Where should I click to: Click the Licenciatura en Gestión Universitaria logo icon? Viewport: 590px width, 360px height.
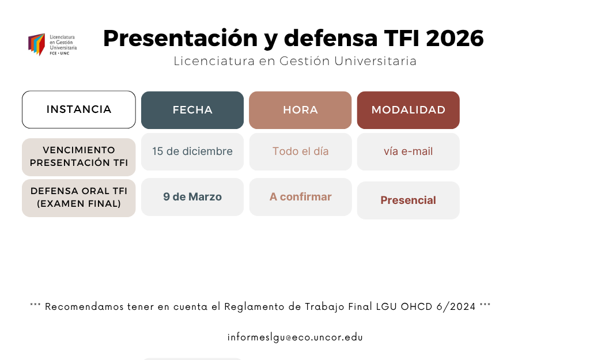pyautogui.click(x=37, y=44)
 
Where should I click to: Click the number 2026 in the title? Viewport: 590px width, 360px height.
pyautogui.click(x=455, y=39)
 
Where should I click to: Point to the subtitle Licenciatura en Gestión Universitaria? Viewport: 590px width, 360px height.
pyautogui.click(x=295, y=61)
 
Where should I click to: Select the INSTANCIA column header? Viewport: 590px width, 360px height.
pyautogui.click(x=79, y=109)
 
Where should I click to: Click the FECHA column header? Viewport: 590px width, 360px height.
pyautogui.click(x=192, y=110)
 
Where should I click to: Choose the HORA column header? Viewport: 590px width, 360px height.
pyautogui.click(x=300, y=110)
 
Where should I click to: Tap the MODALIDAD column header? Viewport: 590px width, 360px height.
pyautogui.click(x=408, y=110)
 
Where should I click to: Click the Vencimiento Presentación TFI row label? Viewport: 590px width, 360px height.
pyautogui.click(x=79, y=157)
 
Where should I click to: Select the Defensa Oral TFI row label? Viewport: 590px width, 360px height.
pyautogui.click(x=79, y=198)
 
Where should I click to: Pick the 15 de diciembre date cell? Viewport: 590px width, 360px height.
pyautogui.click(x=192, y=151)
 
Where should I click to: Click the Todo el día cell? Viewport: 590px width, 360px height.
pyautogui.click(x=300, y=151)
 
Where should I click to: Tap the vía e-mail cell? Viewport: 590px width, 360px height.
pyautogui.click(x=408, y=151)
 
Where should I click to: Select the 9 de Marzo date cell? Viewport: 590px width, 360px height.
pyautogui.click(x=192, y=197)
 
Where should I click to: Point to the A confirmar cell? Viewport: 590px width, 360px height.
pyautogui.click(x=300, y=197)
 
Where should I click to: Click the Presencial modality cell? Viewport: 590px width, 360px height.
pyautogui.click(x=408, y=200)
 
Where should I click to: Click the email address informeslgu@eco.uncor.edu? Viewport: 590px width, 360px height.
pyautogui.click(x=295, y=338)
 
